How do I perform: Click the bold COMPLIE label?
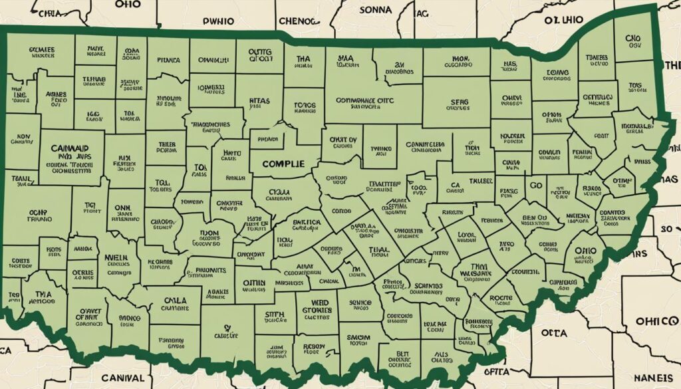click(x=283, y=164)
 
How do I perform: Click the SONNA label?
click(x=376, y=10)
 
